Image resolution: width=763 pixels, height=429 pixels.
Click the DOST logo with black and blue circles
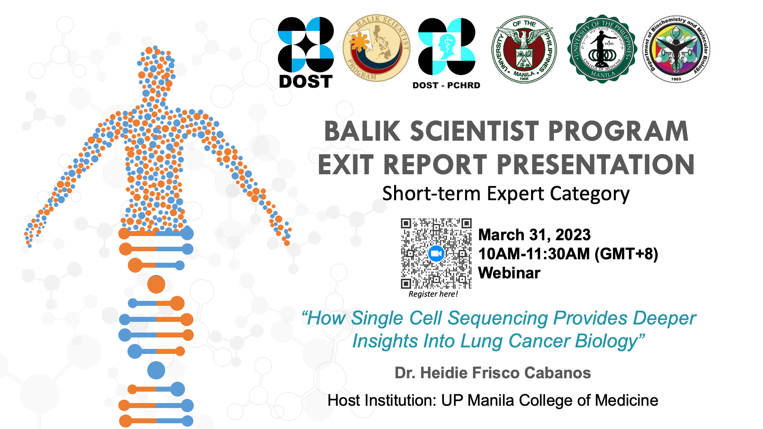pos(306,52)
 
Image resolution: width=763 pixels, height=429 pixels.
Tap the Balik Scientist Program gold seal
pos(377,48)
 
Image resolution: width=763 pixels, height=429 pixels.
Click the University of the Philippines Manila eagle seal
pos(524,49)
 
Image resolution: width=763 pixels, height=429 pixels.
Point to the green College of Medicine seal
pos(602,49)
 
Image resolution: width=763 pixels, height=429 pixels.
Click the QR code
pos(436,254)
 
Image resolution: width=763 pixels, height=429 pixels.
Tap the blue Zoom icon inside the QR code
pos(436,254)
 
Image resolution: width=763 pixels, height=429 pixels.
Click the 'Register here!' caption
pos(433,294)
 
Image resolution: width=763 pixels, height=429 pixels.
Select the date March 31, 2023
pos(534,235)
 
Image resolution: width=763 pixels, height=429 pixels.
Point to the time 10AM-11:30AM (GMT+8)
pos(568,254)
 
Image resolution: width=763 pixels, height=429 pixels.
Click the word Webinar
pos(509,273)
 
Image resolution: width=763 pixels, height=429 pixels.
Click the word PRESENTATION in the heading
pos(596,165)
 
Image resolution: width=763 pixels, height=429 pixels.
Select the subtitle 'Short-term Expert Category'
pos(506,194)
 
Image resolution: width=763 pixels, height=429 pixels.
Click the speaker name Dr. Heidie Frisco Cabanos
pos(493,373)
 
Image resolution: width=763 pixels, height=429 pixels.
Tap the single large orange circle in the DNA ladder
pos(156,284)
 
